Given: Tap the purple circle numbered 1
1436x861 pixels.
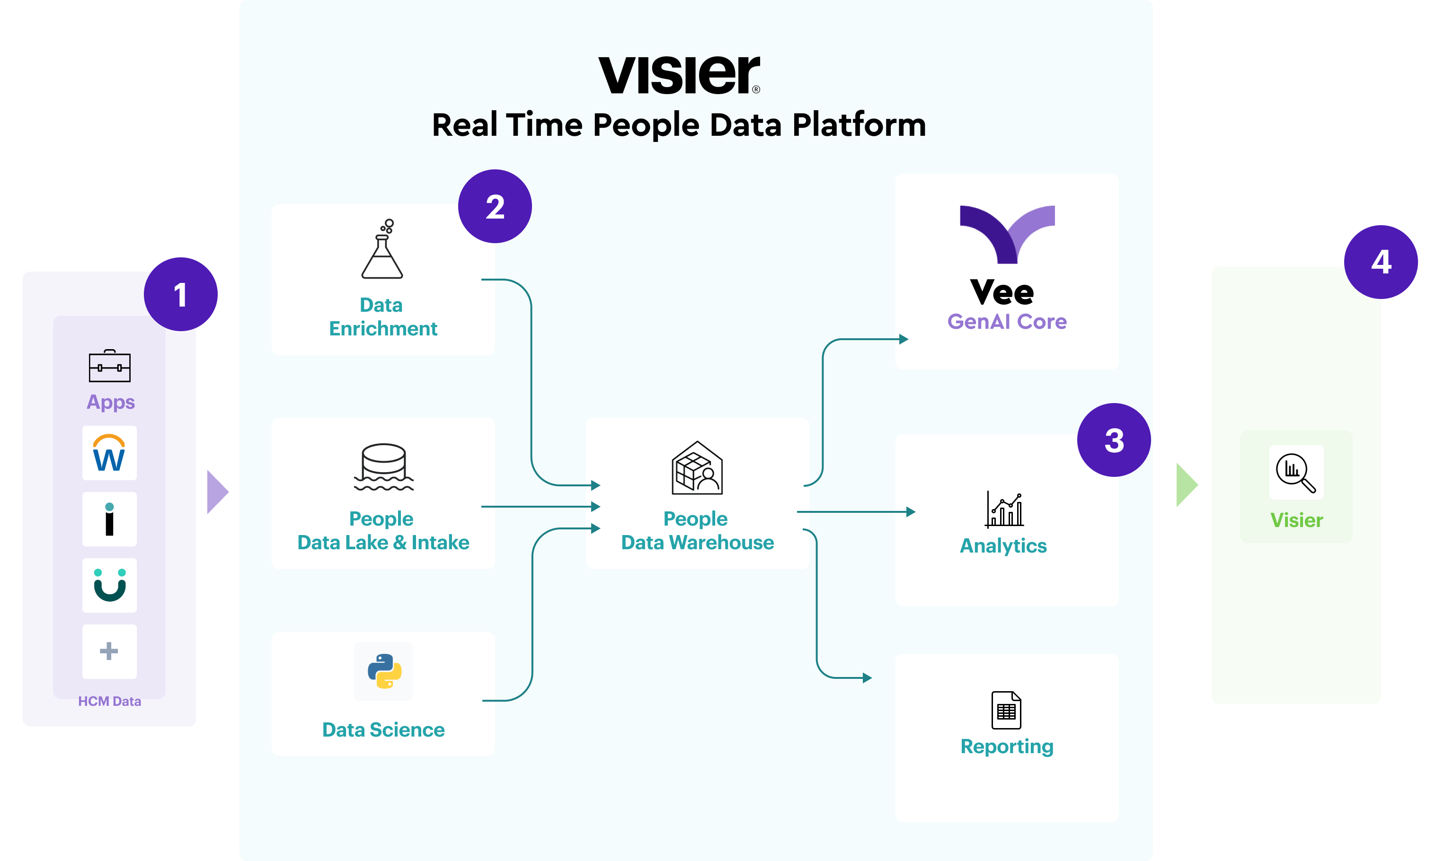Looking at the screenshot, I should [180, 294].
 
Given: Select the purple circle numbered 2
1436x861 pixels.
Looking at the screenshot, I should [495, 207].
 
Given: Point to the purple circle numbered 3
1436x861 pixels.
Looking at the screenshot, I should [1113, 440].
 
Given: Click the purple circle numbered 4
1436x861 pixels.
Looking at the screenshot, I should [1380, 262].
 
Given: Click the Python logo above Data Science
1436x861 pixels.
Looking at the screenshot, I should [384, 671].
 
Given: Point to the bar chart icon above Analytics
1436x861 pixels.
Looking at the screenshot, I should [1005, 510].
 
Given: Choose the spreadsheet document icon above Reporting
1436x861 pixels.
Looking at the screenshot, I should [1006, 710].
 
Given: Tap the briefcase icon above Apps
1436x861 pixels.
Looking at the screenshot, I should [110, 366].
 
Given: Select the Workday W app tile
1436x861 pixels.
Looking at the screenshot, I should [109, 453].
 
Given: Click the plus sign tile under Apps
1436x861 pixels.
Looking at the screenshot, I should [109, 651].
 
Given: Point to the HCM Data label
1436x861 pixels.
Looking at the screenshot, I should [110, 701].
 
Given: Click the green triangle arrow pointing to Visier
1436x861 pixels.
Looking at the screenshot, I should [1186, 484].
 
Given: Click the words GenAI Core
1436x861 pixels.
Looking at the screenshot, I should [1006, 321].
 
